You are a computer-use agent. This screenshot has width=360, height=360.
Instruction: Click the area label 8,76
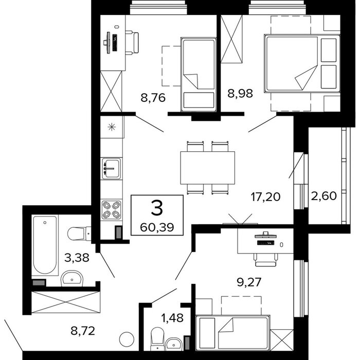coord(153,98)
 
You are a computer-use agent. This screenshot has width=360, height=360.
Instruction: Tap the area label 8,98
coord(240,94)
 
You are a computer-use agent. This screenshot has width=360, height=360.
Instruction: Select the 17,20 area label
coord(266,197)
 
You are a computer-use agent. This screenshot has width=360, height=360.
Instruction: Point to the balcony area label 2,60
coord(324,196)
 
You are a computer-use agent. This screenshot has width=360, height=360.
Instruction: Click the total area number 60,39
coord(157,227)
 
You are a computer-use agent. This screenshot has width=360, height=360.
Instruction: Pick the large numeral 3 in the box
coord(157,208)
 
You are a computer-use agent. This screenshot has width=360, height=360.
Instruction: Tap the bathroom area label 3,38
coord(77,258)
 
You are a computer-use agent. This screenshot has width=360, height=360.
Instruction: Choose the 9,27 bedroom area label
coord(249,282)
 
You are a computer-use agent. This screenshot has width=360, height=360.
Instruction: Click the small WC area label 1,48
coord(172,318)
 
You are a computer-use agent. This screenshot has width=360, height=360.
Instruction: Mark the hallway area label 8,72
coord(83,331)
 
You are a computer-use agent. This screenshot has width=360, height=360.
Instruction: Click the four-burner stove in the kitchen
coord(112,209)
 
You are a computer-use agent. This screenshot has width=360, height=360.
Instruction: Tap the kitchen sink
coord(112,169)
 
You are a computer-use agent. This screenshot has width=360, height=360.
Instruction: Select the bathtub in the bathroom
coord(45,245)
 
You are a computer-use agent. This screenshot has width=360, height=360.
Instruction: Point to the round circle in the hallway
coord(127,339)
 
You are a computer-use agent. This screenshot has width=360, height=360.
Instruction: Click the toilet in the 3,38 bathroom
coord(79,233)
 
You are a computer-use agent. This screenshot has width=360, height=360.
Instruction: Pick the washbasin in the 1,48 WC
coord(174,344)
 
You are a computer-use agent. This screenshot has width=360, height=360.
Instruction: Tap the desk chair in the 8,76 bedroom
coord(132,43)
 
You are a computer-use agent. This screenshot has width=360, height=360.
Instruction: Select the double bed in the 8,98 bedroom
coord(302,64)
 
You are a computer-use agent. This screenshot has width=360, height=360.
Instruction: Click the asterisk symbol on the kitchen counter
coord(112,127)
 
